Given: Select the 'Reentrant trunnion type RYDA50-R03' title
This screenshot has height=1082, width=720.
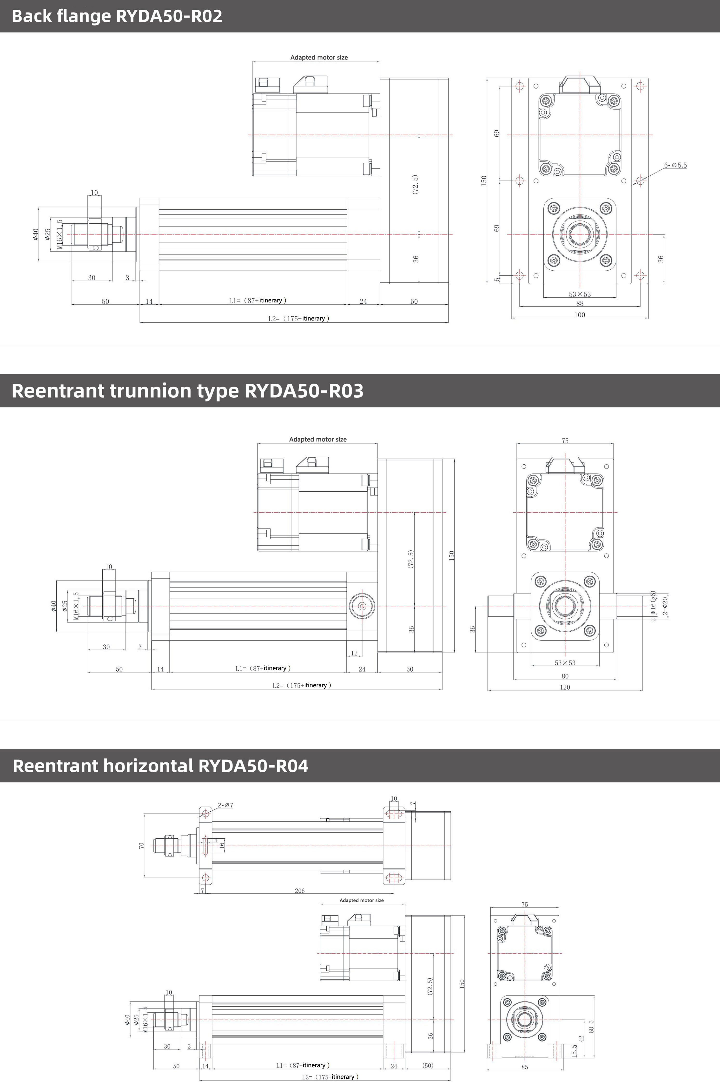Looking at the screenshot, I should [187, 391].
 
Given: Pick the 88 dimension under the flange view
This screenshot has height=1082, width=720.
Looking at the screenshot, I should [580, 304].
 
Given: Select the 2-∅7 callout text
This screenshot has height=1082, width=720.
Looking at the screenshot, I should [225, 805].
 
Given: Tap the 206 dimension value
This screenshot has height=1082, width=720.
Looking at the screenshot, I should [299, 890].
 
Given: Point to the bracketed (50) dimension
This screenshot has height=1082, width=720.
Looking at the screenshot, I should [428, 1065].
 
